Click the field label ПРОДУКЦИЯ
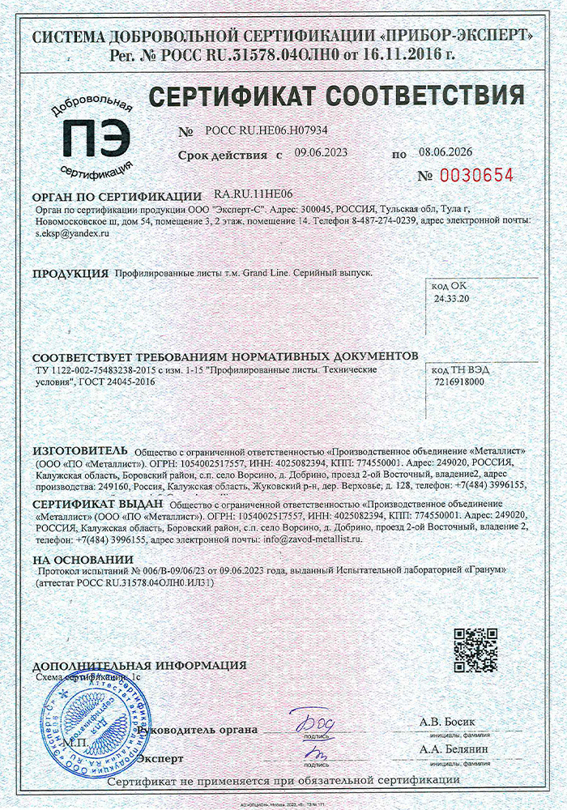70,274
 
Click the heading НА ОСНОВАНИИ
83,560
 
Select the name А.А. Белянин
454,749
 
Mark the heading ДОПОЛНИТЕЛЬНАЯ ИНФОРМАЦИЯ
140,665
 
